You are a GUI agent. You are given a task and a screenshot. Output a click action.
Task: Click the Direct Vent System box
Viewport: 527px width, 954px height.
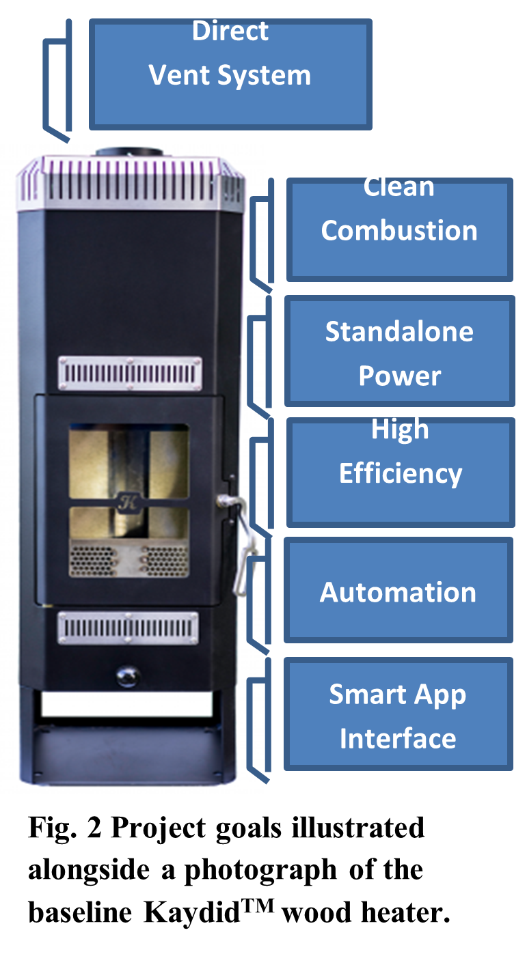point(230,74)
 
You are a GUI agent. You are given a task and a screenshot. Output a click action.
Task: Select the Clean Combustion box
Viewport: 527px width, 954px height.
point(399,229)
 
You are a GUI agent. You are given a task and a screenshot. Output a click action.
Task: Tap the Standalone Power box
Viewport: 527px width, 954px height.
point(399,351)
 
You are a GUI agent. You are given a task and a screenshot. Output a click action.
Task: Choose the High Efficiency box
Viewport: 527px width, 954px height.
point(399,473)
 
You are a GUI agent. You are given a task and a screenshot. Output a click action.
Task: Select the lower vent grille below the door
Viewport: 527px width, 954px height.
point(128,628)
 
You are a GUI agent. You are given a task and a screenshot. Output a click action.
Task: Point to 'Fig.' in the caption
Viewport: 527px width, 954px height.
point(50,828)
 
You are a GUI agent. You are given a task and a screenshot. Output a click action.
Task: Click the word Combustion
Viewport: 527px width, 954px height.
point(399,231)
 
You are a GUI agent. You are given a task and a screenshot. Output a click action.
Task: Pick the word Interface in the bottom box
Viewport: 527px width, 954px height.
point(398,739)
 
